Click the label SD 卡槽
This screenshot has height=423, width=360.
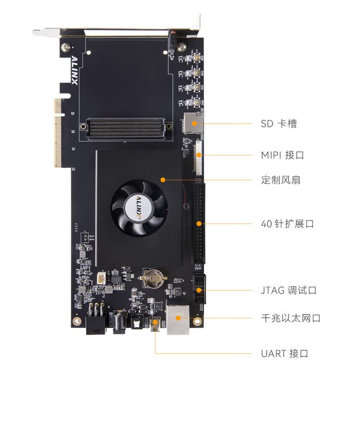[x=279, y=124]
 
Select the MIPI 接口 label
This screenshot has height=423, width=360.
[x=283, y=155]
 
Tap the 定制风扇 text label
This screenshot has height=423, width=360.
[x=281, y=180]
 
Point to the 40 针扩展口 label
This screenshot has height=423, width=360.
[x=288, y=223]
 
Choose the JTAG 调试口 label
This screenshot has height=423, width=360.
[x=288, y=290]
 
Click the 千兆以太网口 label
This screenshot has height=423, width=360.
[x=290, y=318]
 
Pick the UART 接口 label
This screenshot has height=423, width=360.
[x=285, y=353]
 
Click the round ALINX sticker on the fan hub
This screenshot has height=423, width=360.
[x=139, y=208]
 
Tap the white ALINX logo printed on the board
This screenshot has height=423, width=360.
[x=75, y=70]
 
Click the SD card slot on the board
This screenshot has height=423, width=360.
[x=193, y=123]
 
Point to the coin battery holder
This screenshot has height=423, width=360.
[x=153, y=278]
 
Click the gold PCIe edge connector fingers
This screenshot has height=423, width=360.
[x=58, y=133]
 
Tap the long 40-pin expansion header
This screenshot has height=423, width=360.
[x=199, y=223]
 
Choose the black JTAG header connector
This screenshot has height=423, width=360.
[x=199, y=289]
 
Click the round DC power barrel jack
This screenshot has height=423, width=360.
[x=119, y=322]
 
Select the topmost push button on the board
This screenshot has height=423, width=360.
[x=197, y=58]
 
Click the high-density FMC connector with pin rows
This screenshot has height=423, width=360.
[x=126, y=128]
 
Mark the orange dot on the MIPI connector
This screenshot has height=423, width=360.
[x=199, y=155]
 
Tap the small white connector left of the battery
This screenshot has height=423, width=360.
[x=101, y=278]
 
